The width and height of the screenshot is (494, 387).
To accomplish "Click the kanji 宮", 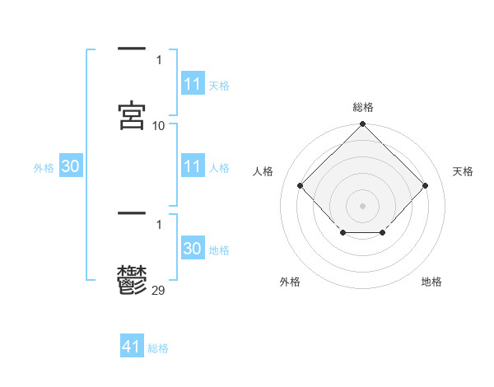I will [133, 115].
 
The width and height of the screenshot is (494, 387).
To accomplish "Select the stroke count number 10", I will [159, 126].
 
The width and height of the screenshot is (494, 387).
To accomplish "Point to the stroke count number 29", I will [159, 289].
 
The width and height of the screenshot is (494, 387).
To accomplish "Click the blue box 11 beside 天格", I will [193, 84].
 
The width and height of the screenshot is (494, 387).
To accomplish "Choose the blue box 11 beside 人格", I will [193, 166].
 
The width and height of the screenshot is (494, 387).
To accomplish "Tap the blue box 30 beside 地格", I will [193, 249].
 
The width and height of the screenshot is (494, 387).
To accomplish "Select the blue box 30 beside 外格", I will [71, 166].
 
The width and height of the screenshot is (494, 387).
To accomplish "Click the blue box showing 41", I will [132, 347].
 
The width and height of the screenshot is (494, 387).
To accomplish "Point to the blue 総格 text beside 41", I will [158, 348].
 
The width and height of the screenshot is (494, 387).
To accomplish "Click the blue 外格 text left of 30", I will [44, 168].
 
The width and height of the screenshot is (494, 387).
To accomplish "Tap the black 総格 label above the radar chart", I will [363, 107].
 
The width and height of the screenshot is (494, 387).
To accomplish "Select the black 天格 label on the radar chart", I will [463, 171].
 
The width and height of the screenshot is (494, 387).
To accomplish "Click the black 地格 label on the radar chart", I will [431, 282].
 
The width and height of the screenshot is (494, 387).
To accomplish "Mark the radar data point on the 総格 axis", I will [363, 125].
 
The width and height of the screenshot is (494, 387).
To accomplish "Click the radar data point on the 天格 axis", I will [426, 185].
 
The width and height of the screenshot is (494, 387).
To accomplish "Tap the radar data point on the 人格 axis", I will [301, 185].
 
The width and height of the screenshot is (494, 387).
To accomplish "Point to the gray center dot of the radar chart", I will [363, 205].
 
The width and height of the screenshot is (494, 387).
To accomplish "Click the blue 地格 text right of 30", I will [220, 250].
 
